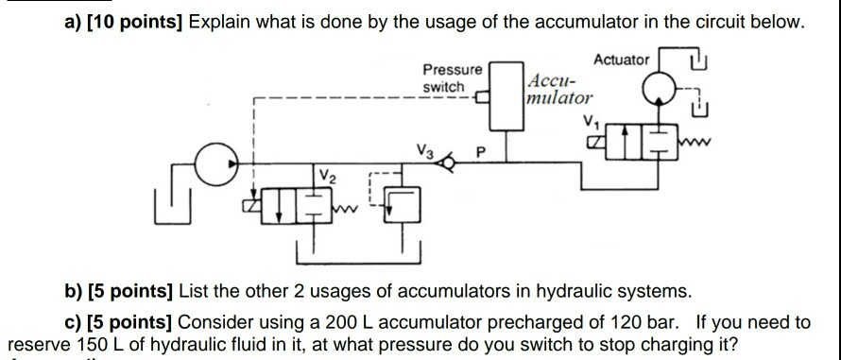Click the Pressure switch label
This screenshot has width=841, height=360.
[x=452, y=78]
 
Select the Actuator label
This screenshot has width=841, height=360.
[x=621, y=60]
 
